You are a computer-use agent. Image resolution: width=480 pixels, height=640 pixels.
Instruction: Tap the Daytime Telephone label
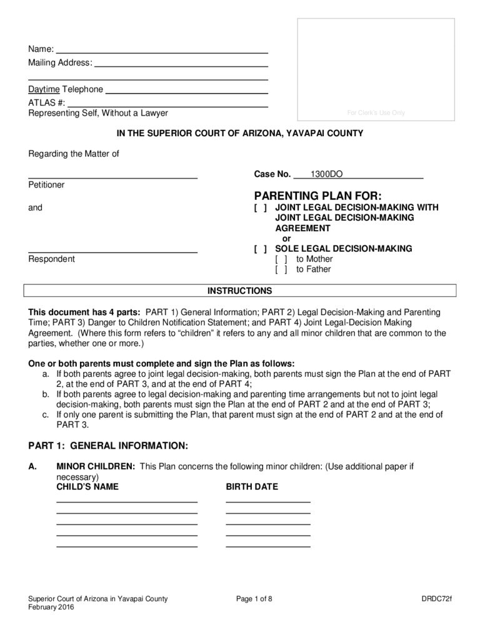(x=66, y=89)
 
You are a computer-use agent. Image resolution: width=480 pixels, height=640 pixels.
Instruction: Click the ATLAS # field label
(x=46, y=101)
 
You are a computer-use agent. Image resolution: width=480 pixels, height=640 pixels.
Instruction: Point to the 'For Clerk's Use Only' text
(x=376, y=113)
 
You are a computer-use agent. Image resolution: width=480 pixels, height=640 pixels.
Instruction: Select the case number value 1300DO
(x=322, y=174)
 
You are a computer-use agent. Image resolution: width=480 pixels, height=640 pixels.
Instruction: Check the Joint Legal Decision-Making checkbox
(x=261, y=207)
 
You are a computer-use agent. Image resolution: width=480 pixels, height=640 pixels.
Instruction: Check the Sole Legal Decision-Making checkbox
(x=261, y=248)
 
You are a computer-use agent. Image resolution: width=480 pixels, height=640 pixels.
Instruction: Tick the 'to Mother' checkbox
(x=281, y=259)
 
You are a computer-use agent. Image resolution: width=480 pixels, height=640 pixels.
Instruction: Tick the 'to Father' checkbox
(x=281, y=269)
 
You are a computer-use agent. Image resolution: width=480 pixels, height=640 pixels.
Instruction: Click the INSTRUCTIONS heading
(x=240, y=291)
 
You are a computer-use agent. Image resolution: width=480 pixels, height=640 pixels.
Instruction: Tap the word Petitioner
(x=46, y=185)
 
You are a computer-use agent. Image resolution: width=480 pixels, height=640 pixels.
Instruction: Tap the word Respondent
(x=51, y=259)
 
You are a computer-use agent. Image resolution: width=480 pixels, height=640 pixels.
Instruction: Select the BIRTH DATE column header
(x=252, y=487)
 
